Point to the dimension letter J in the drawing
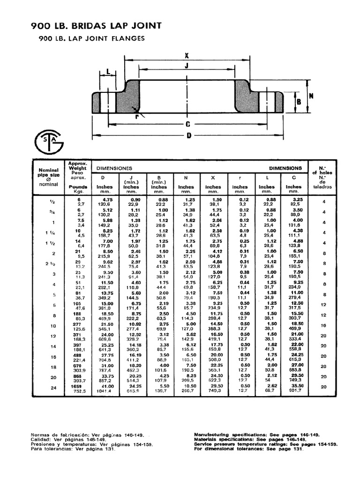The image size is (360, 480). point(186,66)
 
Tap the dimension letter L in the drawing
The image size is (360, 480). point(108,72)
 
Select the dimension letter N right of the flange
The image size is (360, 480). point(310,95)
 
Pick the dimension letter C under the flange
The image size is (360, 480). point(187,124)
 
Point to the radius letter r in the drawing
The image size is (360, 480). point(135,117)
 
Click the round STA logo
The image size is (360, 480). point(47,141)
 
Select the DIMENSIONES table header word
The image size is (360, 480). point(115,167)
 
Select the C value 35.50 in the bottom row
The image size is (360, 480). point(294,385)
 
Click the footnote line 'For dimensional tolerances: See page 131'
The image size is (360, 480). point(249,449)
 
